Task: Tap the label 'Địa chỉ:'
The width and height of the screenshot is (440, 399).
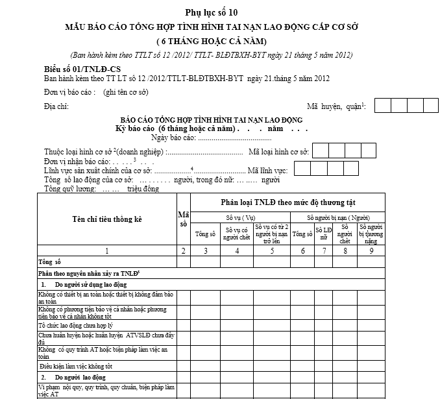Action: pyautogui.click(x=56, y=106)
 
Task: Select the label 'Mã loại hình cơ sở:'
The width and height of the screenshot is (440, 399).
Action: pyautogui.click(x=279, y=152)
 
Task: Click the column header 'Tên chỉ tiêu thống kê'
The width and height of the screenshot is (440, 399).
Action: pyautogui.click(x=106, y=219)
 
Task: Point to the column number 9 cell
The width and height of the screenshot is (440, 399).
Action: pyautogui.click(x=371, y=251)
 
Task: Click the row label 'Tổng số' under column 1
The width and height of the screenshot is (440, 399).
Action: pyautogui.click(x=49, y=262)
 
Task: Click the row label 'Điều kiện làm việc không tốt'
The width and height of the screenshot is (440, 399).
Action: pyautogui.click(x=77, y=366)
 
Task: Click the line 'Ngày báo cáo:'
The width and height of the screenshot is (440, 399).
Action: pyautogui.click(x=210, y=138)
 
